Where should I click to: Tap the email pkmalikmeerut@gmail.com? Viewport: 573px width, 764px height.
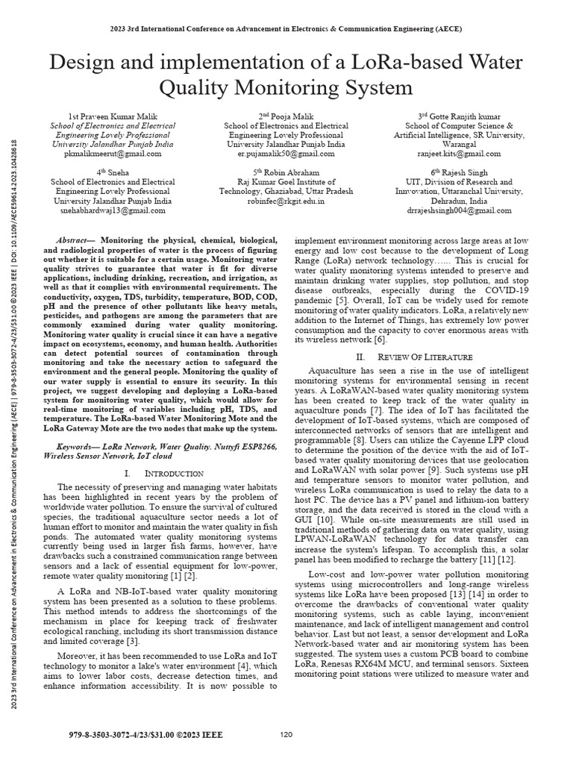(x=111, y=154)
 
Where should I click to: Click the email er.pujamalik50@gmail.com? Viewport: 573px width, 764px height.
(x=286, y=154)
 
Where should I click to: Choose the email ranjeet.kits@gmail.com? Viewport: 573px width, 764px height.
(x=458, y=154)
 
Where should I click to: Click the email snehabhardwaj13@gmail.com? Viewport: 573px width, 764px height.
(x=111, y=210)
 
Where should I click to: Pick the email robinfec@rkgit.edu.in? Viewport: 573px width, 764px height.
(x=286, y=201)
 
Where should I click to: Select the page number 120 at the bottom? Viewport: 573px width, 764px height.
(x=286, y=735)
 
